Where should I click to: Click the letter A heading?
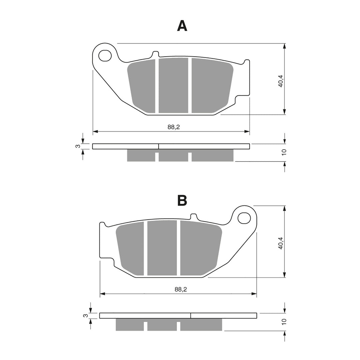coord(182,26)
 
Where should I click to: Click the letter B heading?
coord(182,200)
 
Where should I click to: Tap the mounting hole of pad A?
coord(105,56)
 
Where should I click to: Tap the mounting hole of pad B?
coord(244,218)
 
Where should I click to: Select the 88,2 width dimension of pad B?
coord(180,289)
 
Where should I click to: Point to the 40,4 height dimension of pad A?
coord(281,81)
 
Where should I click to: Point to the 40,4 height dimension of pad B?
coord(281,243)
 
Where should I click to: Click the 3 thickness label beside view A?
coord(77,146)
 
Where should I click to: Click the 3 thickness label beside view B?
coord(85,316)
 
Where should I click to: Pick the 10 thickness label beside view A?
coord(284,152)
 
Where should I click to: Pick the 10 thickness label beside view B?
coord(284,322)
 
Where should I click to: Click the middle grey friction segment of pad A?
coord(173,86)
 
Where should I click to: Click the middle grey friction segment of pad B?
coord(162,248)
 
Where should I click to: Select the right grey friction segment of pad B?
coord(200,248)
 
